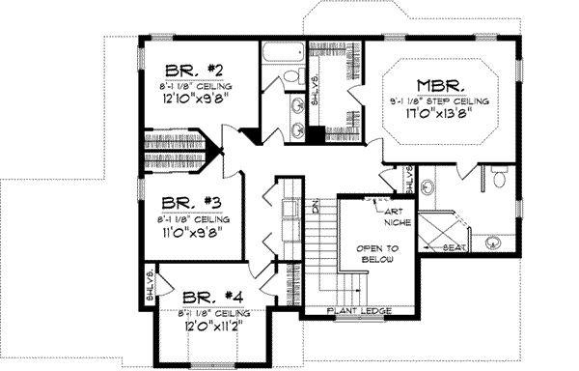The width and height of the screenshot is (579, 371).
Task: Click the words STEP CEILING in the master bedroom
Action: pos(465,100)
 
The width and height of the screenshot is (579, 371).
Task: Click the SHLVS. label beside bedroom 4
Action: pos(151,286)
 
